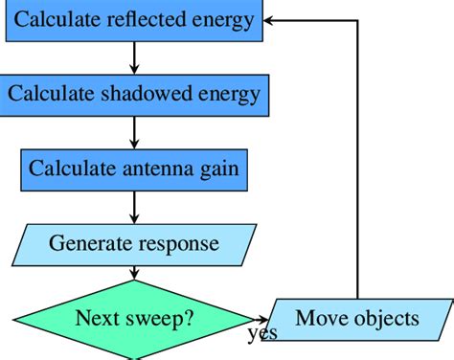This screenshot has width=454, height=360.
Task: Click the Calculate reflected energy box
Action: [134, 20]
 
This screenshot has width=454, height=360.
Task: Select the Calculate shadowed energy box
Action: [134, 95]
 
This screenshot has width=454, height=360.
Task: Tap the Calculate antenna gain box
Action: [134, 169]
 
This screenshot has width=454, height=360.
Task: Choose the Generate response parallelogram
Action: [134, 243]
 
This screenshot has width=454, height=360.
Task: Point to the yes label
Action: [261, 334]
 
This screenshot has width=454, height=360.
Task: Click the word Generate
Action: [87, 243]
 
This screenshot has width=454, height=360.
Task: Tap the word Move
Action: [318, 318]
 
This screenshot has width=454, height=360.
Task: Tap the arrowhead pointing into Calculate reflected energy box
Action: [271, 20]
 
